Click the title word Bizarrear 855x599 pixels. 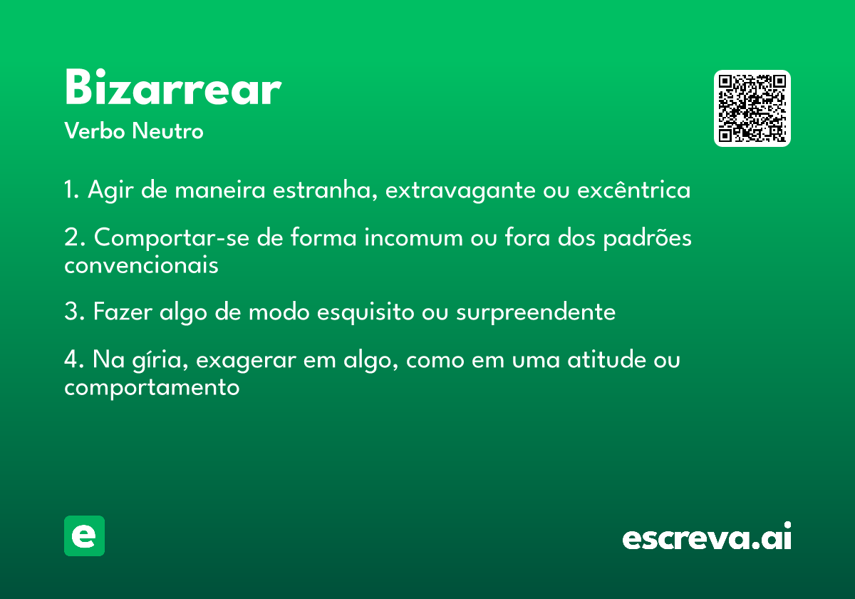click(173, 87)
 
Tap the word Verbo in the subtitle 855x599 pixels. click(95, 131)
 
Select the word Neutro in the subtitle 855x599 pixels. click(167, 131)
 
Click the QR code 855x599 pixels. click(752, 108)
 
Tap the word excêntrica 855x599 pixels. click(633, 189)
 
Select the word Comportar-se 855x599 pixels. click(172, 238)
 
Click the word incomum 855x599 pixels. click(413, 237)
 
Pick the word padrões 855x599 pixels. click(648, 237)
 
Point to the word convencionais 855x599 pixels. click(141, 265)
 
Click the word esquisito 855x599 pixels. click(366, 312)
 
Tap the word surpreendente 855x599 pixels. click(536, 312)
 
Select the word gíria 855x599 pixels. click(160, 360)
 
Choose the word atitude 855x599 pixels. click(606, 359)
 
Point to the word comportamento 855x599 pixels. click(152, 388)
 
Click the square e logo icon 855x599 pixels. click(84, 536)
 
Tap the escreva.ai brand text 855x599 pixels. click(707, 536)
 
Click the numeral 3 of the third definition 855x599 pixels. click(71, 311)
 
